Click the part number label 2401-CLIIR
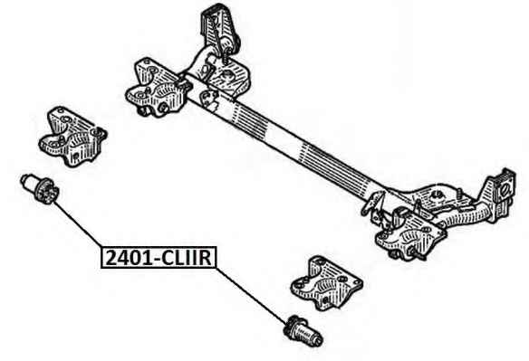[159, 258]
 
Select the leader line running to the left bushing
[77, 224]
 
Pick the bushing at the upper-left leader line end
[40, 189]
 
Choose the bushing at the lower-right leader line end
[303, 330]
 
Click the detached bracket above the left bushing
[72, 137]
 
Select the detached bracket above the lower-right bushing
[326, 283]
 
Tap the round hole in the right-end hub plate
[505, 190]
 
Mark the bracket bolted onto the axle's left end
[157, 89]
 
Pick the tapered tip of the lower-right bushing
[317, 338]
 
